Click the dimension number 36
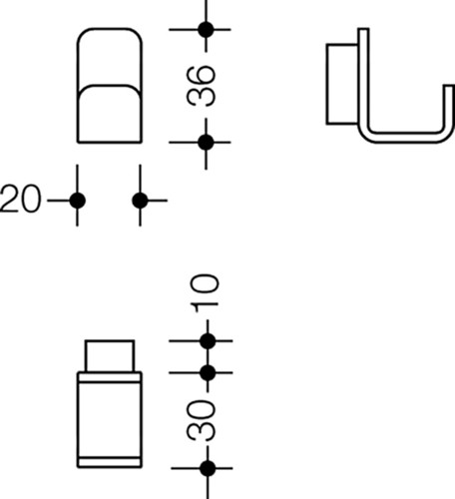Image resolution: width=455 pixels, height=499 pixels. [x=202, y=86]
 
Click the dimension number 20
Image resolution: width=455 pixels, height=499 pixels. [x=21, y=199]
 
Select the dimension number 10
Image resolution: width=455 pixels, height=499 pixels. [x=205, y=293]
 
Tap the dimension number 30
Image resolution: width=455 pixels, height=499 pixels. [x=202, y=420]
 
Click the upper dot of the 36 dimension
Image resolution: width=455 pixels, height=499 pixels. [x=206, y=30]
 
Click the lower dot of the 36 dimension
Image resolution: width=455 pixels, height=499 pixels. [x=206, y=143]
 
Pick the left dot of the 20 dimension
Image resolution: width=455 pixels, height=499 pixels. [x=78, y=201]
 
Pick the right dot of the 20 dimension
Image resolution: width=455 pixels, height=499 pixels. [x=140, y=201]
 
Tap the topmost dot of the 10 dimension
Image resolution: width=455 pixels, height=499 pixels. [x=208, y=341]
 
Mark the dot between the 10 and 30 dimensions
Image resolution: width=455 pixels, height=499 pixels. [x=208, y=373]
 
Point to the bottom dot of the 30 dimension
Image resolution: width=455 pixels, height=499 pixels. [x=208, y=468]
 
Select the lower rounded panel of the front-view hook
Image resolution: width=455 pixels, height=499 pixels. [x=110, y=114]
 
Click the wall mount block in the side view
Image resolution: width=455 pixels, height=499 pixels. [x=342, y=84]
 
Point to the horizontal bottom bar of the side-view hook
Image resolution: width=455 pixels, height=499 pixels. [x=407, y=138]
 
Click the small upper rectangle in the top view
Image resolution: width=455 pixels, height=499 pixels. [x=110, y=355]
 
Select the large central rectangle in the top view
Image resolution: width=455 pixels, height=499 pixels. [x=110, y=420]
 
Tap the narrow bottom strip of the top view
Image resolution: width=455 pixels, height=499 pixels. [x=110, y=463]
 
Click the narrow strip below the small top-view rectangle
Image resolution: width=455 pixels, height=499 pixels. [x=110, y=377]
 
